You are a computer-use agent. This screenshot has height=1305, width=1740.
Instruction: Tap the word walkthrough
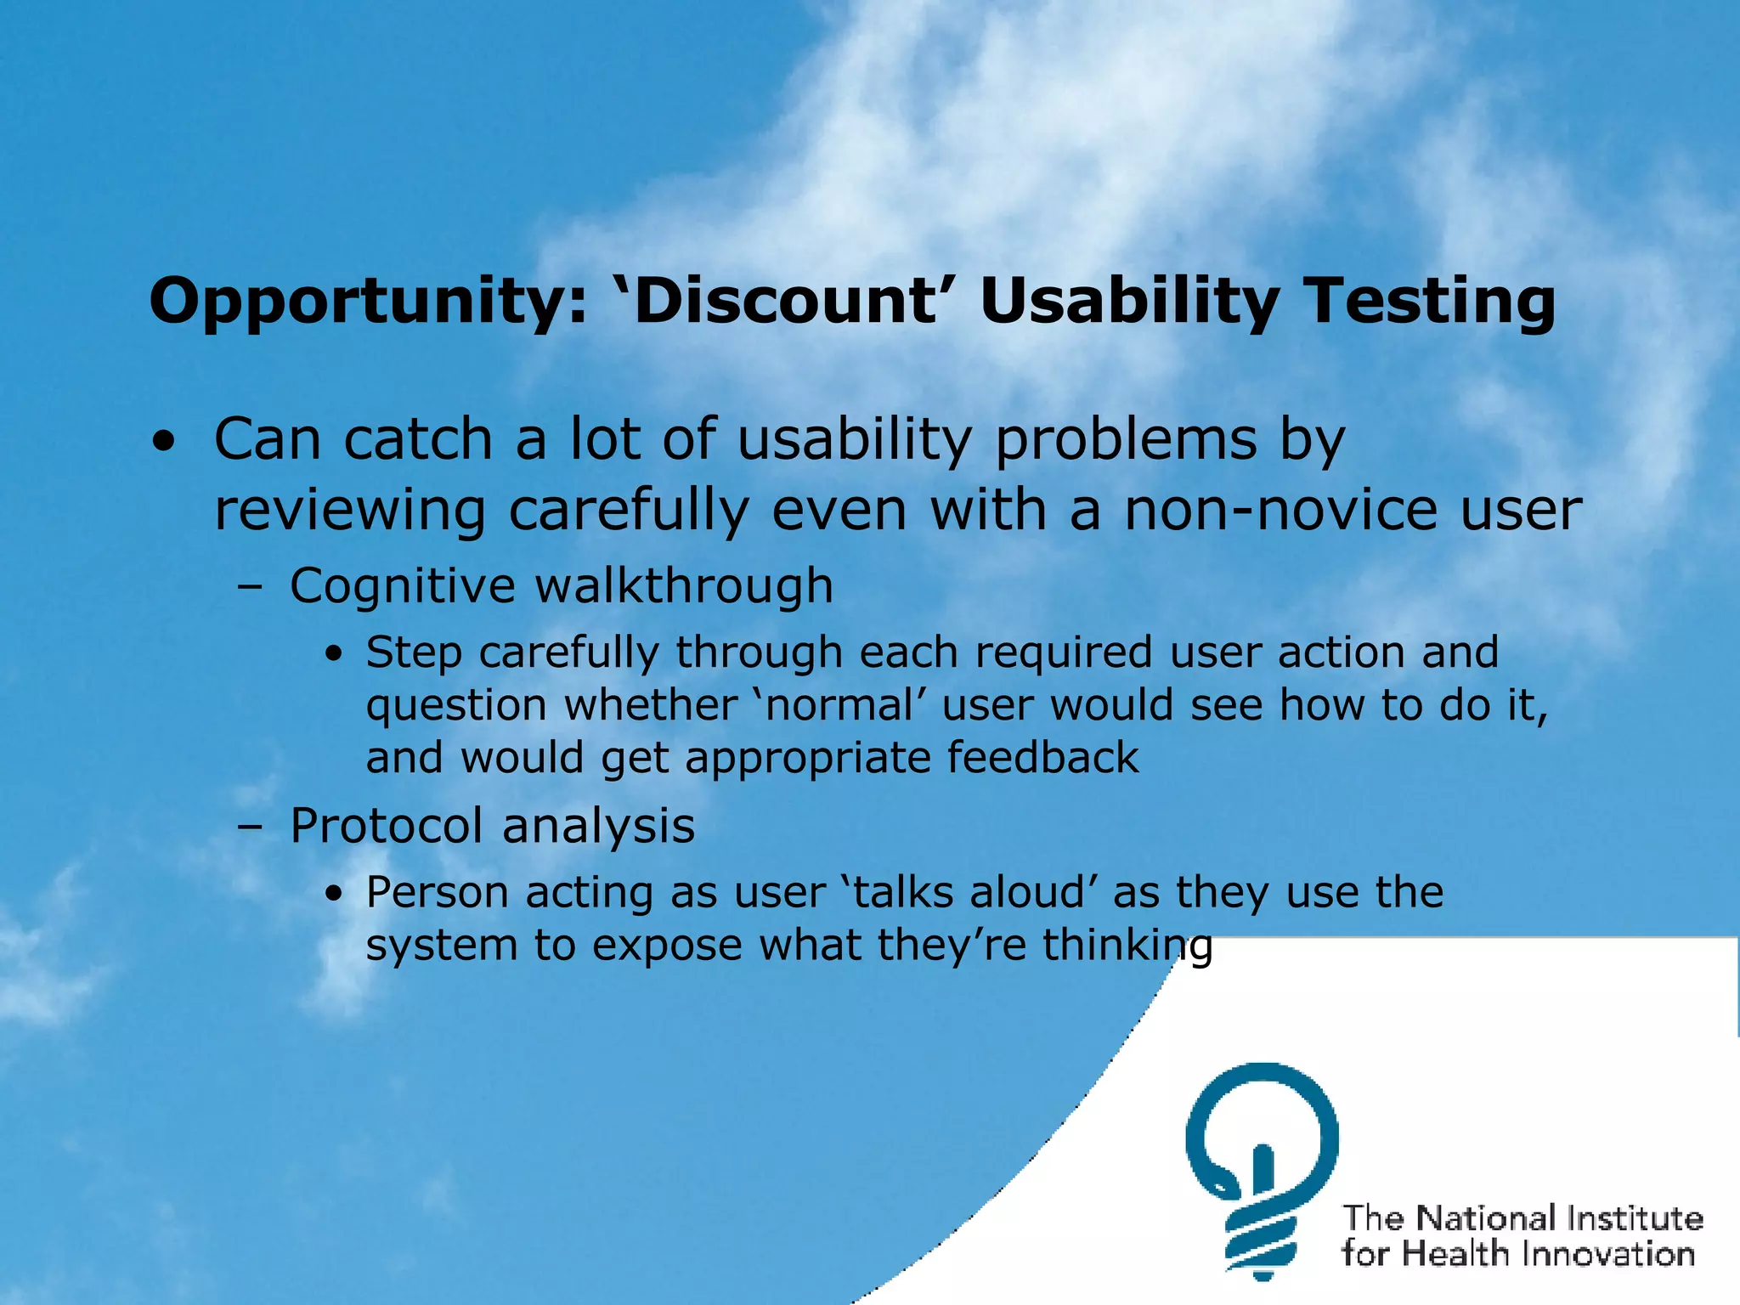[x=684, y=585]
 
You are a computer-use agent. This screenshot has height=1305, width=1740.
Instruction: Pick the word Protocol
[x=386, y=827]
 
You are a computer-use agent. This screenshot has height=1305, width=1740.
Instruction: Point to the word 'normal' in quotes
[x=840, y=706]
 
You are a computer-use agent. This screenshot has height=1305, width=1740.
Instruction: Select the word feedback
[x=1042, y=758]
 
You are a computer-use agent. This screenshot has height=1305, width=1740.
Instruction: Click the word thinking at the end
[x=1127, y=946]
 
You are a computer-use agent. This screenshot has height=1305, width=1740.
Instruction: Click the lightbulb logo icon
[x=1263, y=1169]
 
